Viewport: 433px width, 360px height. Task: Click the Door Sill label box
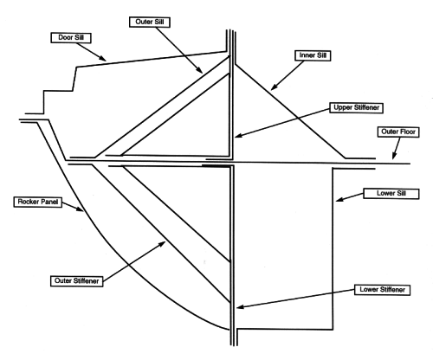coord(71,38)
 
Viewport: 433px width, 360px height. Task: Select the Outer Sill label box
coord(150,22)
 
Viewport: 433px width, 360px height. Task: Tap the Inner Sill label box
coord(313,55)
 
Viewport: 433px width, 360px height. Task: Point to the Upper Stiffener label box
coord(356,107)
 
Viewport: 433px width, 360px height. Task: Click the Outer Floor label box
coord(398,132)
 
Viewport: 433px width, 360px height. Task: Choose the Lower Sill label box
coord(391,193)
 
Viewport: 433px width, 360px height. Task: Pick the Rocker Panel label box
coord(38,202)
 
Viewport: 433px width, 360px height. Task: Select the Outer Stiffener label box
coord(76,281)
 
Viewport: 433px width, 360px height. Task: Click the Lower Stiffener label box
coord(382,290)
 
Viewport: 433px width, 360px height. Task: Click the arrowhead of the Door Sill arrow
coord(102,58)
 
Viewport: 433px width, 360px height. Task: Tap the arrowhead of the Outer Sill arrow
coord(199,70)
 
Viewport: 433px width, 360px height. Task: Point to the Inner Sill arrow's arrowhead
coord(274,87)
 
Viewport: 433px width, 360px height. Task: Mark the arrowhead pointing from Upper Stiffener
coord(239,135)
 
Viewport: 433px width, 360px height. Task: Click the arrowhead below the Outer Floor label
coord(393,156)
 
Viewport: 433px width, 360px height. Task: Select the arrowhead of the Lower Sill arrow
coord(339,199)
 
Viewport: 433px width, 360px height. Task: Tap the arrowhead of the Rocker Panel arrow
coord(80,209)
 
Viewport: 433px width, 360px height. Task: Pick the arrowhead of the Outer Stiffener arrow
coord(162,244)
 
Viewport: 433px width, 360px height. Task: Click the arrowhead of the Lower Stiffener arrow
coord(240,307)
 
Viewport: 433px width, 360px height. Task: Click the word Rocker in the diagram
coord(28,202)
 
